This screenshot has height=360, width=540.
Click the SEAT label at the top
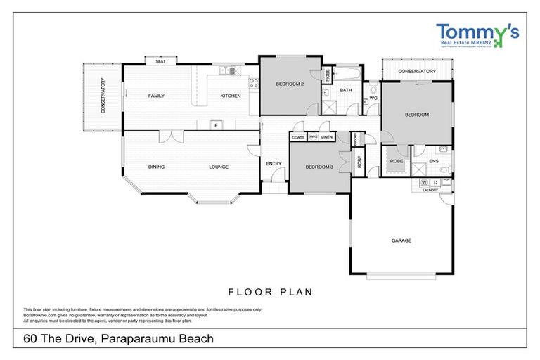click(x=160, y=60)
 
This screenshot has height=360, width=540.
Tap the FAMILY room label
click(x=155, y=96)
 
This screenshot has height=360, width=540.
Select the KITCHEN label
click(x=231, y=96)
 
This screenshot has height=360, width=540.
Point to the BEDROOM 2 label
click(x=290, y=84)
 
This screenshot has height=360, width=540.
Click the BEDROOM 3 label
click(x=320, y=167)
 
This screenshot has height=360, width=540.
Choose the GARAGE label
click(x=401, y=240)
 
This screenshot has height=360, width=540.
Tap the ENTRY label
click(x=274, y=165)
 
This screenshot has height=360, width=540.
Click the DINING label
click(x=156, y=167)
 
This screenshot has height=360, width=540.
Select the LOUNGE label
click(x=219, y=167)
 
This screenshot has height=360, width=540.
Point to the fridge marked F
click(x=217, y=125)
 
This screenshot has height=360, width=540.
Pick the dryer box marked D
click(x=435, y=183)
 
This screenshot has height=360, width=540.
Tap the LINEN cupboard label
click(x=327, y=137)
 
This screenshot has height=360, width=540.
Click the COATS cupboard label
click(x=298, y=137)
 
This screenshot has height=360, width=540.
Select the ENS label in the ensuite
click(x=434, y=162)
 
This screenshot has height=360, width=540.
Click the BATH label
click(x=346, y=90)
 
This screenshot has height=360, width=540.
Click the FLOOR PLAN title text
click(x=270, y=291)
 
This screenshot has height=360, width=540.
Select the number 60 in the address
click(x=31, y=339)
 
